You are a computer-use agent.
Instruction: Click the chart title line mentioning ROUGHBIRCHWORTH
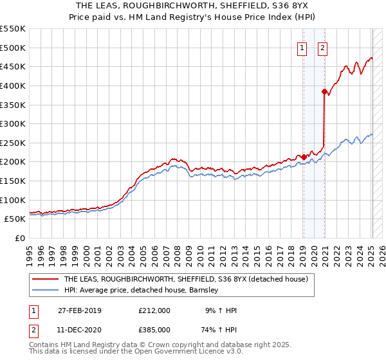pyautogui.click(x=192, y=6)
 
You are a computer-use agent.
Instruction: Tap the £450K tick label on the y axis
pyautogui.click(x=13, y=66)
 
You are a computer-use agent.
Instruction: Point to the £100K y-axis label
pyautogui.click(x=13, y=200)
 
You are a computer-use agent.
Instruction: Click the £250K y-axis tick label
pyautogui.click(x=13, y=143)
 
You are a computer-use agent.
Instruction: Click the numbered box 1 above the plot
pyautogui.click(x=302, y=46)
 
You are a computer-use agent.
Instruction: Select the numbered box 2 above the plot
pyautogui.click(x=322, y=46)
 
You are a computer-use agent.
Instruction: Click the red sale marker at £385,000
pyautogui.click(x=324, y=91)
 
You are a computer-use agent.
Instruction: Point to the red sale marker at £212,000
pyautogui.click(x=304, y=157)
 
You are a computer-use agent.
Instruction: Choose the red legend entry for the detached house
pyautogui.click(x=186, y=280)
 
